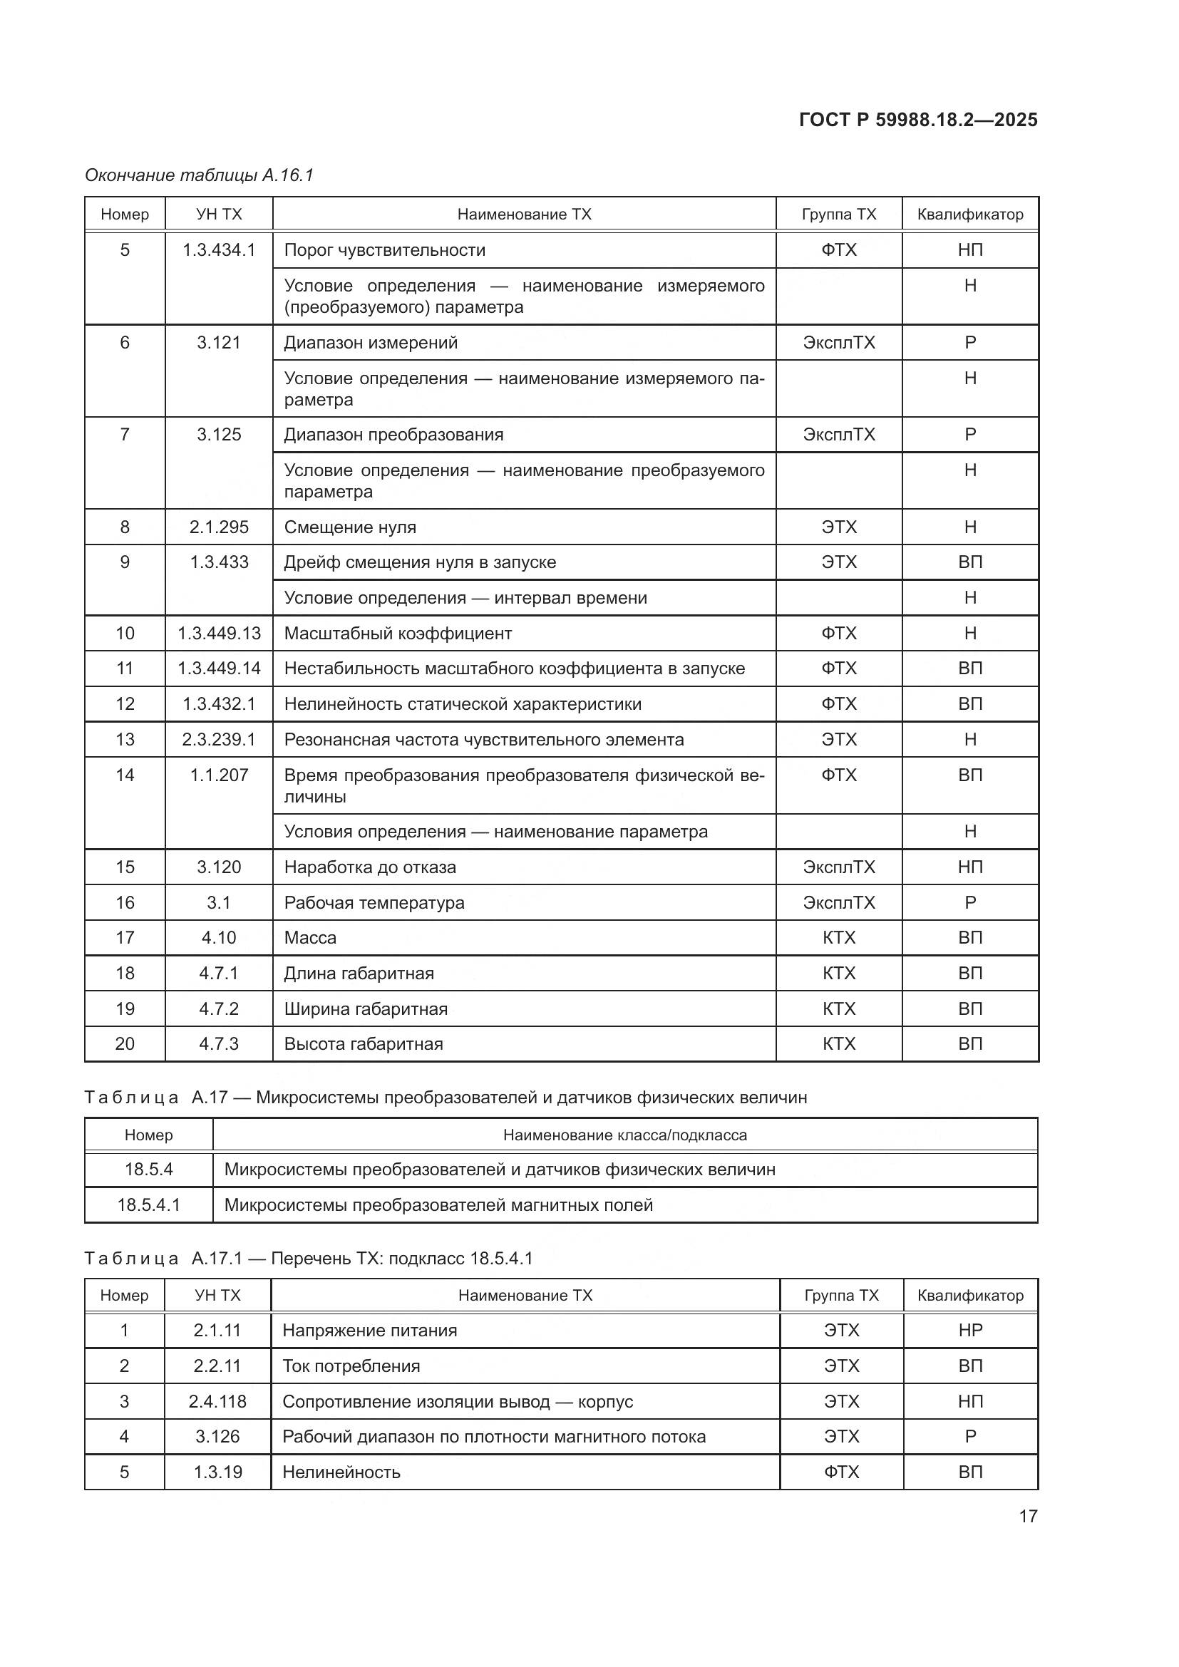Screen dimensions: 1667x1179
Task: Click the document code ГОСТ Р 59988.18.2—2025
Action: click(917, 120)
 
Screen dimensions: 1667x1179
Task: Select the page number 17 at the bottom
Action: click(1027, 1516)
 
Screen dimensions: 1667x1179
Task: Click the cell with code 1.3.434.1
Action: click(219, 250)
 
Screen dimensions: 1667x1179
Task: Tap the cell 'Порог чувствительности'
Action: click(385, 250)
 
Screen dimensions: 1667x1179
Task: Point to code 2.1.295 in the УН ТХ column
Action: click(219, 527)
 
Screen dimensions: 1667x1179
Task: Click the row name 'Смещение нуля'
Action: click(350, 527)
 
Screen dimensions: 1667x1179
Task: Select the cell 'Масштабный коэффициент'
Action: click(398, 633)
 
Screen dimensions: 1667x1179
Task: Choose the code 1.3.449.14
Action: click(219, 668)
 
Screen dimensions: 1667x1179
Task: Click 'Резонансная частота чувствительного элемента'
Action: click(483, 739)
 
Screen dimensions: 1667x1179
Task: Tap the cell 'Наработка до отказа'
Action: click(369, 867)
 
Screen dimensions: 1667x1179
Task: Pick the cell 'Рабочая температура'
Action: click(374, 902)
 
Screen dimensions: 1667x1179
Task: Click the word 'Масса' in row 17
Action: click(310, 937)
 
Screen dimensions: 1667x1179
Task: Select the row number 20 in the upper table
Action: click(125, 1043)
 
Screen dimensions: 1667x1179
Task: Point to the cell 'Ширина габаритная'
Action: click(365, 1008)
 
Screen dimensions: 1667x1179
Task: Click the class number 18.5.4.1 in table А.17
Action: click(148, 1204)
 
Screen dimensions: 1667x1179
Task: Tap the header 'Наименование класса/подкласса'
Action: click(624, 1135)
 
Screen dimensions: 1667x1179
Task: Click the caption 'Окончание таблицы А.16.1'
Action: click(199, 175)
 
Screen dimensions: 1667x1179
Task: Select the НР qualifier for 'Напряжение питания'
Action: click(970, 1330)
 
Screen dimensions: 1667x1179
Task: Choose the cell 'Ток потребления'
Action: click(351, 1366)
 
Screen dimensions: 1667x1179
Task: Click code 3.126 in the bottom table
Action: click(217, 1436)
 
